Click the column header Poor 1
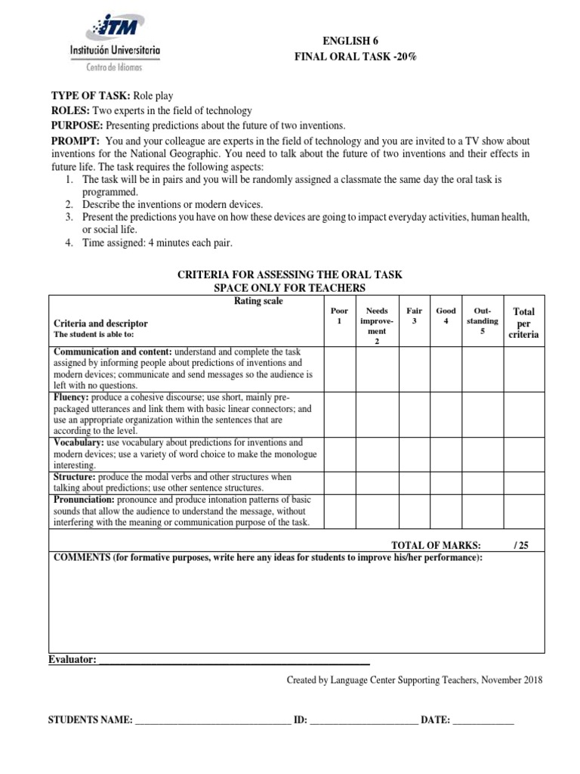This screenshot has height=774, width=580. (x=339, y=316)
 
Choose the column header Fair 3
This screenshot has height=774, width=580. (x=414, y=316)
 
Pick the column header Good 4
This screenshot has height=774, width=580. (x=446, y=316)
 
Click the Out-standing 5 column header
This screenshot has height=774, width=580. (x=483, y=320)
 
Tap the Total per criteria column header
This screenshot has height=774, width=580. (x=523, y=323)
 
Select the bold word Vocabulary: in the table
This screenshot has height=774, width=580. (x=78, y=442)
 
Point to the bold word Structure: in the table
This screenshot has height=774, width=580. (x=72, y=478)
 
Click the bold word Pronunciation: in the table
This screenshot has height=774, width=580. (x=82, y=500)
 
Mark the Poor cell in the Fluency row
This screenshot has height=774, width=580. (x=339, y=414)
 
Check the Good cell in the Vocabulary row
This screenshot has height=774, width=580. (x=446, y=454)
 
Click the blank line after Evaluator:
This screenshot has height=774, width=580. (x=234, y=661)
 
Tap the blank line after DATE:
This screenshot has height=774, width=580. (x=483, y=720)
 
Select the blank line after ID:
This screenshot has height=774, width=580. (x=363, y=720)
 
